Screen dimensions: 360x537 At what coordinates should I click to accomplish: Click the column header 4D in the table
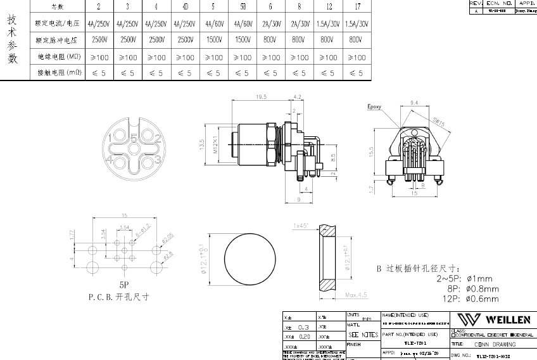pyautogui.click(x=184, y=6)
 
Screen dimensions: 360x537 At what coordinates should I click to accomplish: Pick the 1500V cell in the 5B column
pyautogui.click(x=242, y=40)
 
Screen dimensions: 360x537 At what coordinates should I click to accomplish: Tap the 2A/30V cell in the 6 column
pyautogui.click(x=270, y=24)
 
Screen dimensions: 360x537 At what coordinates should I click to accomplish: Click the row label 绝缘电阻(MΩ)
pyautogui.click(x=59, y=57)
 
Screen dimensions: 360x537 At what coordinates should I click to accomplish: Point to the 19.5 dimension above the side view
pyautogui.click(x=260, y=97)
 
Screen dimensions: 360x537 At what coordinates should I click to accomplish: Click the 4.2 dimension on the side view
pyautogui.click(x=298, y=97)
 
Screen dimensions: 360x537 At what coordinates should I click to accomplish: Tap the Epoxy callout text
pyautogui.click(x=374, y=107)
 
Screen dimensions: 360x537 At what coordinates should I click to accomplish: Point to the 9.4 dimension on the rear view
pyautogui.click(x=415, y=102)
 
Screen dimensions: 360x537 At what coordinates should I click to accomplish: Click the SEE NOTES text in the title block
pyautogui.click(x=363, y=335)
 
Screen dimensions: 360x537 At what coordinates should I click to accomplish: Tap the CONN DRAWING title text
pyautogui.click(x=495, y=344)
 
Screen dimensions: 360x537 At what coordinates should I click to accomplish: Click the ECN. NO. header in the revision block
pyautogui.click(x=498, y=3)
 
